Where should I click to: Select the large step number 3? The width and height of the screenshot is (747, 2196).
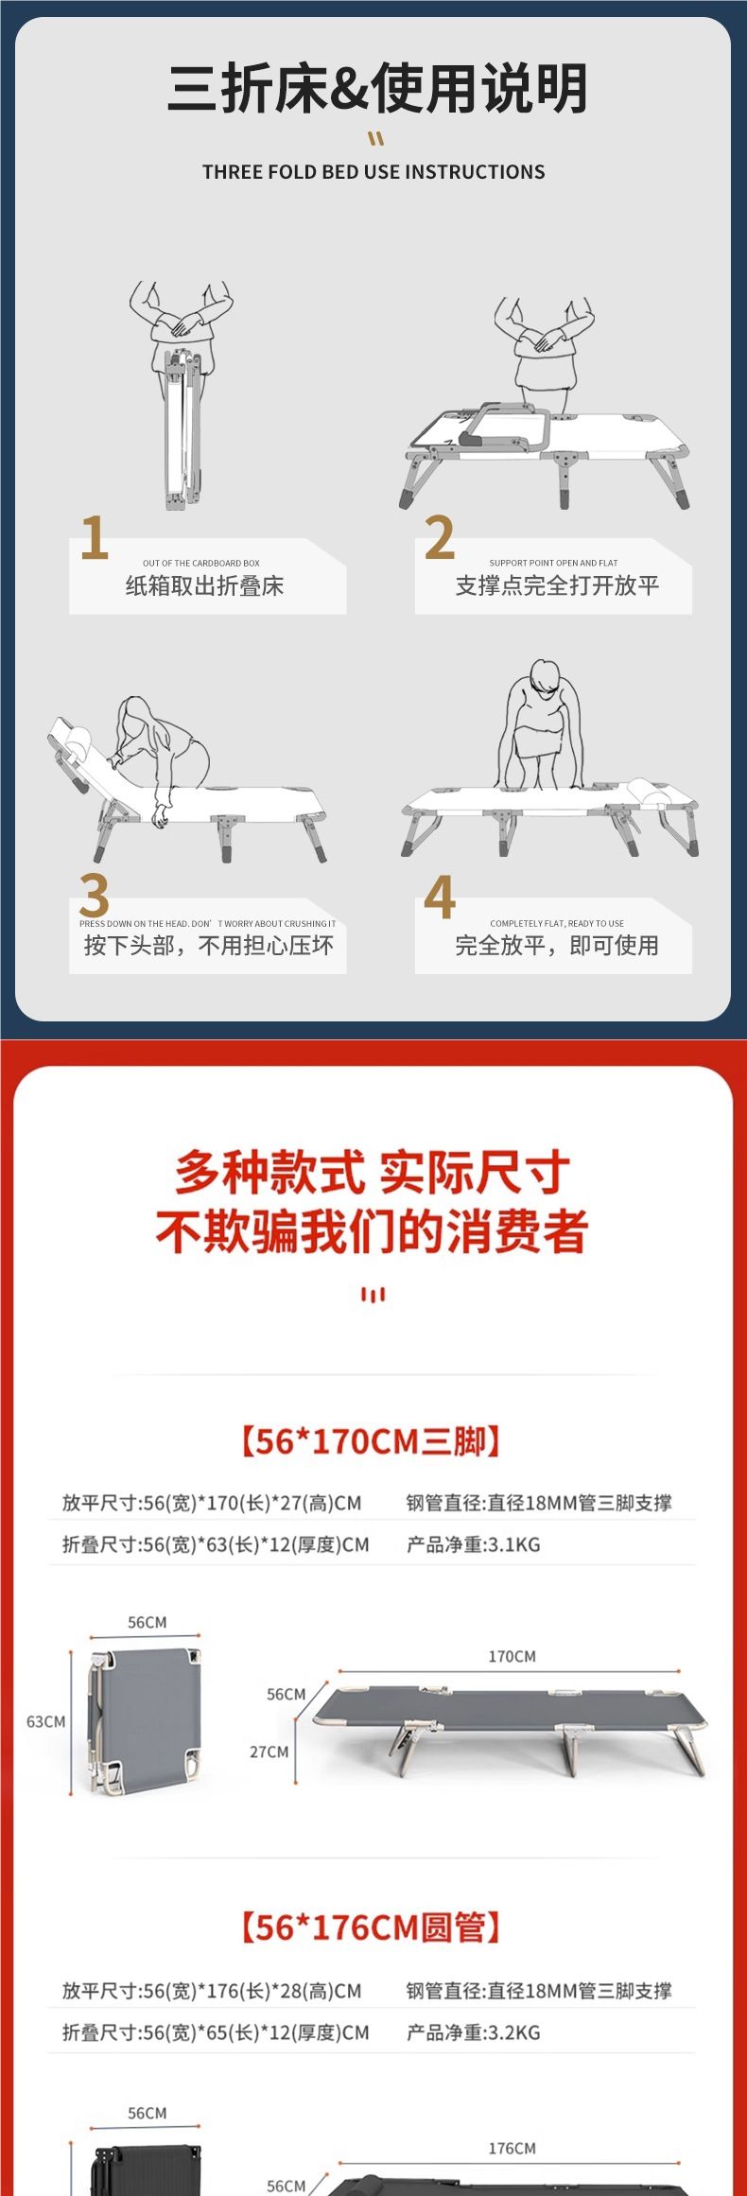pyautogui.click(x=94, y=895)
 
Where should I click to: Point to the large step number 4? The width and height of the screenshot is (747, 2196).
pyautogui.click(x=440, y=895)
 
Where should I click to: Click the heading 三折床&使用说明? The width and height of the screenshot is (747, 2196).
pyautogui.click(x=377, y=88)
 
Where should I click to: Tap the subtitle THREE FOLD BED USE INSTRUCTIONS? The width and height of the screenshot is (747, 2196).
pyautogui.click(x=373, y=172)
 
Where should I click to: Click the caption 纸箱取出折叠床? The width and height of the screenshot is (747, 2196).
pyautogui.click(x=204, y=586)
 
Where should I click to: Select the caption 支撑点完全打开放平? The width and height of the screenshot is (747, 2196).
pyautogui.click(x=557, y=586)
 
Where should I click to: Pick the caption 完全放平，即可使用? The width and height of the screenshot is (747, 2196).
pyautogui.click(x=557, y=946)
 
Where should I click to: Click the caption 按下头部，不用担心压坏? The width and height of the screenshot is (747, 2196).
pyautogui.click(x=208, y=946)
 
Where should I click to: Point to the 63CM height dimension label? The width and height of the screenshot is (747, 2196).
pyautogui.click(x=45, y=1721)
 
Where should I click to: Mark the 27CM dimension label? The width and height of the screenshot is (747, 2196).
pyautogui.click(x=269, y=1752)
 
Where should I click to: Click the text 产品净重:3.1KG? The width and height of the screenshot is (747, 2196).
pyautogui.click(x=473, y=1544)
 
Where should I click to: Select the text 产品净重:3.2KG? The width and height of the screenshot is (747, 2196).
pyautogui.click(x=473, y=2032)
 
